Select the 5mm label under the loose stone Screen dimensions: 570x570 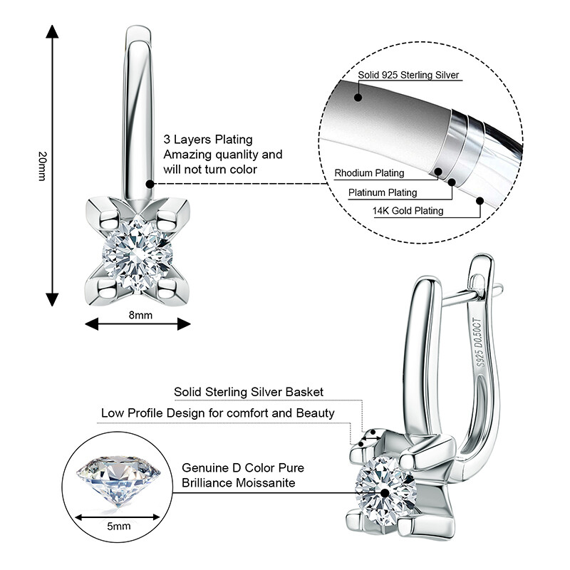(x=119, y=526)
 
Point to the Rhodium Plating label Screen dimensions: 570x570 (x=369, y=173)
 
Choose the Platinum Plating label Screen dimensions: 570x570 (x=383, y=192)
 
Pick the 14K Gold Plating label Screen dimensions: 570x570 (x=408, y=211)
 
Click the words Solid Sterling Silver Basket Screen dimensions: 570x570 (x=249, y=392)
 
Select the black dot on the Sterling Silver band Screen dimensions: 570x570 (x=358, y=97)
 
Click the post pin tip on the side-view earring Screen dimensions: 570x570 (x=499, y=289)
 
